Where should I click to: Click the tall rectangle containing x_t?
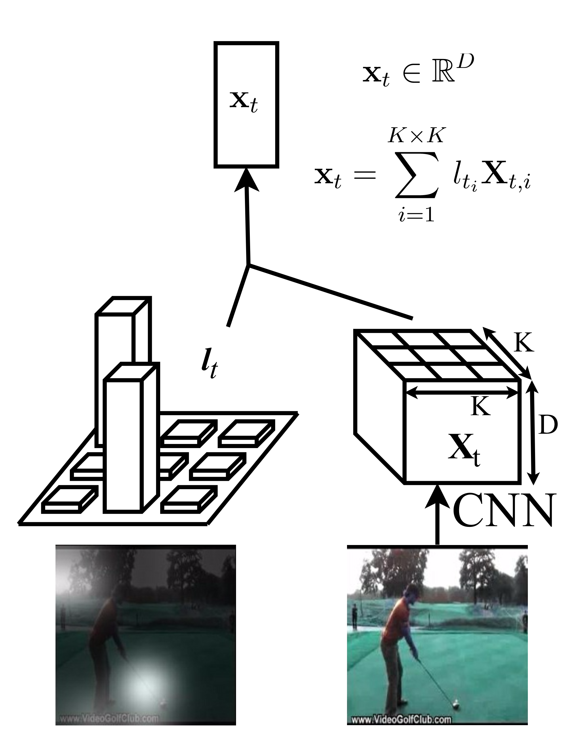pyautogui.click(x=246, y=104)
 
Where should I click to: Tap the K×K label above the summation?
pyautogui.click(x=416, y=136)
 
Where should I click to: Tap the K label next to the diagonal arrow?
pyautogui.click(x=524, y=343)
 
